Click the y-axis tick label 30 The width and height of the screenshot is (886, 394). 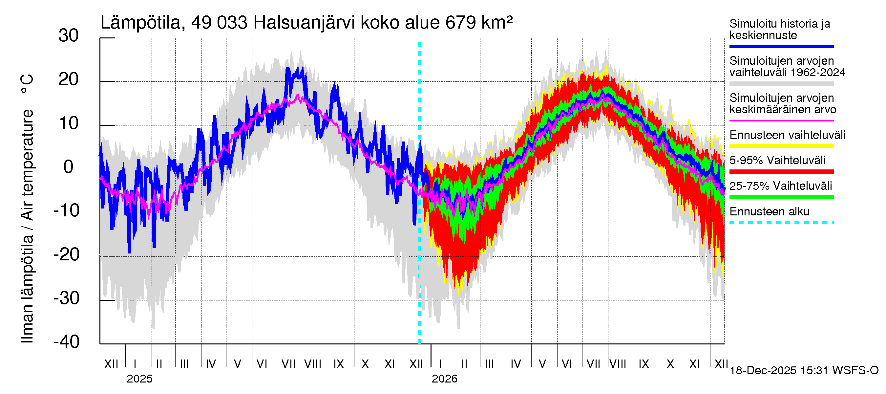69,36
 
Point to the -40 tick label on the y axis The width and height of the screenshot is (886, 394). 67,342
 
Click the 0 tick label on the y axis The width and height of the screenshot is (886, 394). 69,167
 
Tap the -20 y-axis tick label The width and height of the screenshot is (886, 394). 67,255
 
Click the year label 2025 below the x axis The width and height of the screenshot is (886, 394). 139,379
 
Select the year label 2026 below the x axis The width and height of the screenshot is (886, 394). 444,379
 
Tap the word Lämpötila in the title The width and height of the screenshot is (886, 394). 141,23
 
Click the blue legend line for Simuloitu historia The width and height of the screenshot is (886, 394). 781,46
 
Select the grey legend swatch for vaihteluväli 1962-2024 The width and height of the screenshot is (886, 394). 781,84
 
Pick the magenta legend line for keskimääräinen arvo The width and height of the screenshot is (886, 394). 781,121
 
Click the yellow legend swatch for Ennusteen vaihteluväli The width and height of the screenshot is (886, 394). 781,146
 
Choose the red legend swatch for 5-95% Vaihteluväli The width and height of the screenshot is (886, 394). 781,171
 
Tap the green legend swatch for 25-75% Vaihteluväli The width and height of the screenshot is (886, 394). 781,197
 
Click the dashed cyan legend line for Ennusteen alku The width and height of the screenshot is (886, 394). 781,223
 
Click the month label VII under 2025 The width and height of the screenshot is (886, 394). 288,364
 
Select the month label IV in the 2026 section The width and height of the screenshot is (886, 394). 516,364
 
